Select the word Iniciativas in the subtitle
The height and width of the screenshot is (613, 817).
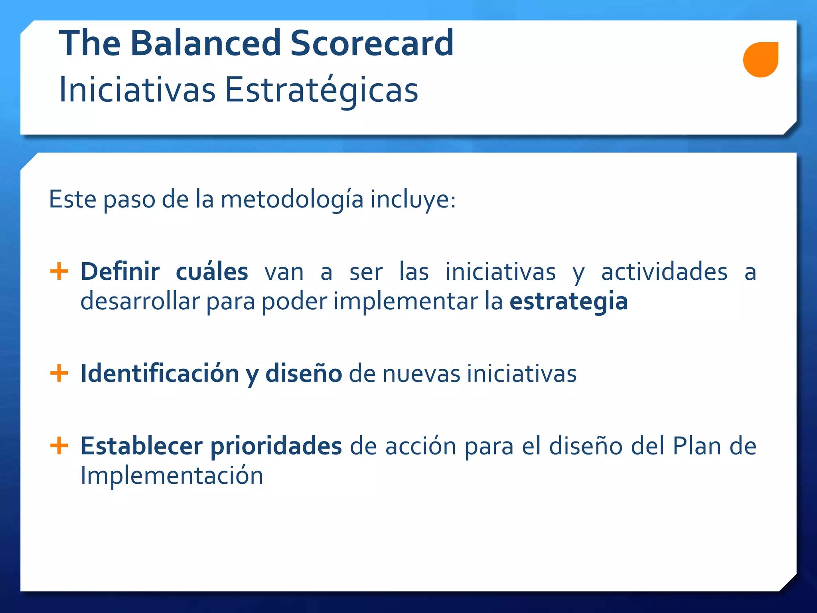(x=137, y=90)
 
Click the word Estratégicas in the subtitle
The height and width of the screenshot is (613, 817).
(x=321, y=90)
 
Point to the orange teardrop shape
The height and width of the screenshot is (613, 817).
(x=760, y=60)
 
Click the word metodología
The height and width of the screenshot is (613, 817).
(x=292, y=200)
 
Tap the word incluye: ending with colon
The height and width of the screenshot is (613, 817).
(x=413, y=200)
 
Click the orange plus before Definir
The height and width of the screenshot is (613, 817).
(x=59, y=272)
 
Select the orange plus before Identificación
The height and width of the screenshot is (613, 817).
(x=59, y=374)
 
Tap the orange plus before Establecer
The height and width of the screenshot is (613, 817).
(x=59, y=446)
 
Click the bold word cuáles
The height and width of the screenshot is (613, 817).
(x=212, y=272)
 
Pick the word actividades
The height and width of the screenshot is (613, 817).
(x=664, y=272)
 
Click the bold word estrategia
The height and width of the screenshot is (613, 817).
(x=568, y=302)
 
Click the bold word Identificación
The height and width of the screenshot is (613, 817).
(x=160, y=374)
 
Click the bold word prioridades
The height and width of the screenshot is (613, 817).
(x=276, y=446)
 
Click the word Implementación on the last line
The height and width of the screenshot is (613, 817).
(x=172, y=476)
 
